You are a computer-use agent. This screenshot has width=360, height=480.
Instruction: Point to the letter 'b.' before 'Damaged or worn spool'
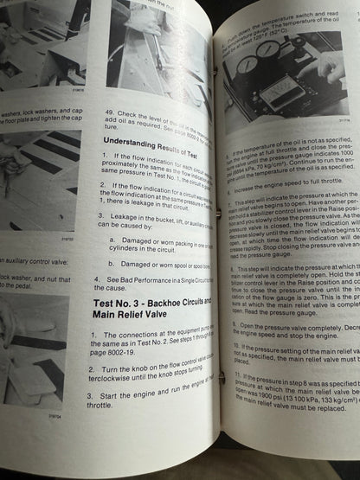click(x=112, y=263)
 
